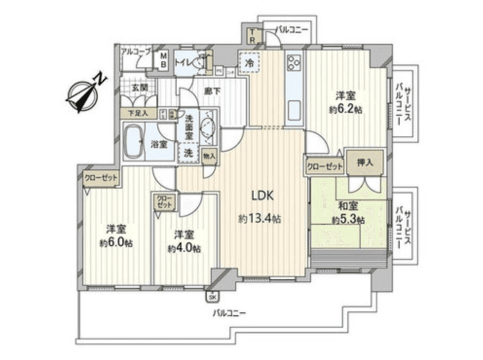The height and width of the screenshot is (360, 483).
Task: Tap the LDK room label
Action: click(x=263, y=196)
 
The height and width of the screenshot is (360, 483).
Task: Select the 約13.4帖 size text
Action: click(x=259, y=218)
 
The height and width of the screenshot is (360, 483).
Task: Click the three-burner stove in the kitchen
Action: click(x=294, y=62)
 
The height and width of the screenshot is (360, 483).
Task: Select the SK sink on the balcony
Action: click(x=212, y=296)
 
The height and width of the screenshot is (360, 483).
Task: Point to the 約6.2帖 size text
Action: click(x=345, y=109)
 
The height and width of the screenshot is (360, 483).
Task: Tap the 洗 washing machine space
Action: click(x=187, y=152)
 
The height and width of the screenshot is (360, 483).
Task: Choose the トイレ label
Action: click(x=183, y=61)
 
